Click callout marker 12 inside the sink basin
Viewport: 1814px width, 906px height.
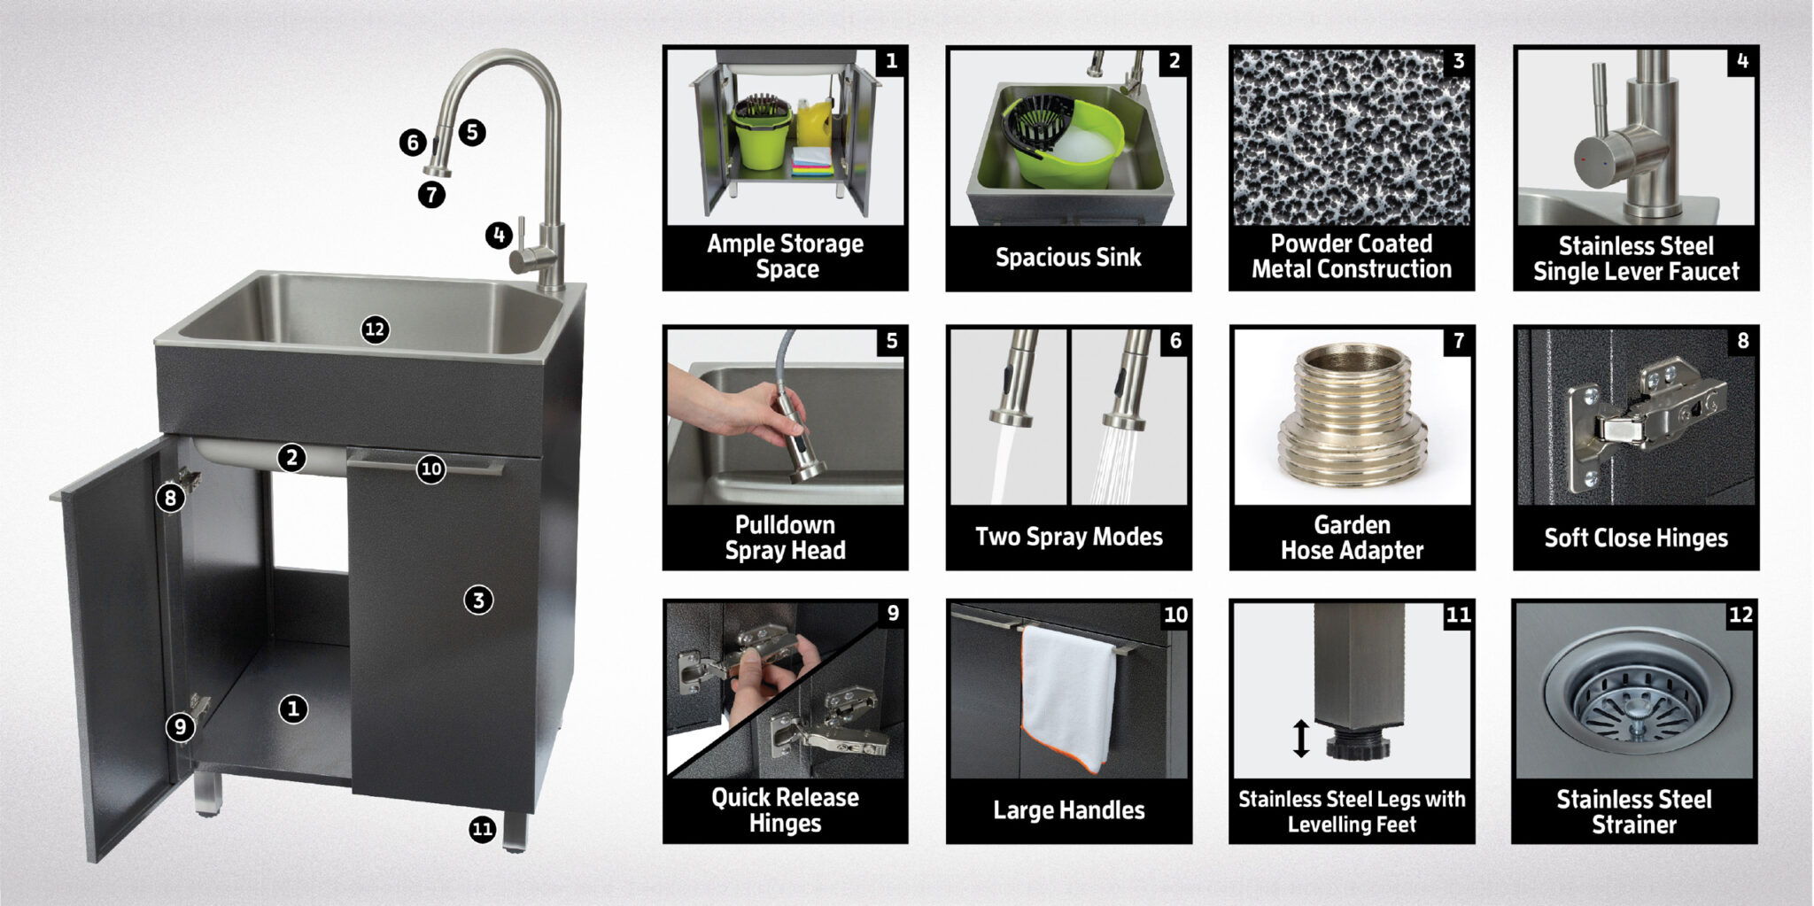pos(375,329)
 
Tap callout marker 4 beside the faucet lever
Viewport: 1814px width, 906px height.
pos(499,236)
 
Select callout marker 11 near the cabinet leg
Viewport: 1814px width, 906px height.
pos(482,829)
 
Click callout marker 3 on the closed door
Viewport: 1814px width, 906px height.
pos(478,600)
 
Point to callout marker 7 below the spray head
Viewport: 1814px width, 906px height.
pos(431,194)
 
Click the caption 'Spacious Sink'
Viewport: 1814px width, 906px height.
pos(1068,258)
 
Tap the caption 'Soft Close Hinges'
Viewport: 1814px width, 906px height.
pos(1635,538)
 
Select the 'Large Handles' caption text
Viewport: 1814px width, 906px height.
pos(1068,809)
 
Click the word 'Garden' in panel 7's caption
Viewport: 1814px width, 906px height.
pos(1352,524)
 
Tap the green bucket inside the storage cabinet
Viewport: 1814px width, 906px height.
pos(761,137)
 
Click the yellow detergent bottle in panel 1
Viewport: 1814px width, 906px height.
pos(813,124)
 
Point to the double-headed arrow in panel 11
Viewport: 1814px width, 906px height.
pos(1300,738)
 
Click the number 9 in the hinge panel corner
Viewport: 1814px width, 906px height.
pos(892,613)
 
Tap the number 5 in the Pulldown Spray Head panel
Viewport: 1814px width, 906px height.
pos(891,341)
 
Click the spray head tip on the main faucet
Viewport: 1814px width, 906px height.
pos(436,170)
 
